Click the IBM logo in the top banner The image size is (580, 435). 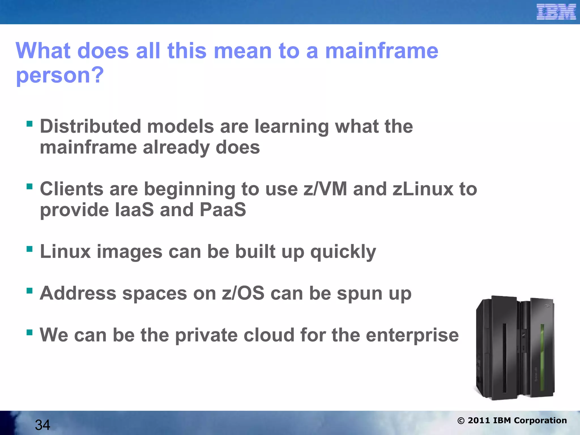coord(556,12)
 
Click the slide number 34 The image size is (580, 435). coord(42,425)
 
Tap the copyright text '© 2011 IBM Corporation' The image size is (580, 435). coord(512,421)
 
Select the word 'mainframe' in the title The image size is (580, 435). coord(381,51)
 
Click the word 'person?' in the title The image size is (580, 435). coord(60,75)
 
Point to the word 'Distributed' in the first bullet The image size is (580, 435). coord(90,126)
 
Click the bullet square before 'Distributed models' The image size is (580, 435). coord(29,124)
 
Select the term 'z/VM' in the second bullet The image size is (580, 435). coord(325,189)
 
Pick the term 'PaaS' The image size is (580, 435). coord(223,210)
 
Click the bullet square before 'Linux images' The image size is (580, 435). coord(29,249)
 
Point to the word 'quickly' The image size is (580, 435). coord(343,252)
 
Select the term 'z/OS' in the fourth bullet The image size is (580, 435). coord(243,293)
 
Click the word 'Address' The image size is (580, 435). coord(78,293)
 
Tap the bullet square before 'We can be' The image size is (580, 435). coord(29,332)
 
